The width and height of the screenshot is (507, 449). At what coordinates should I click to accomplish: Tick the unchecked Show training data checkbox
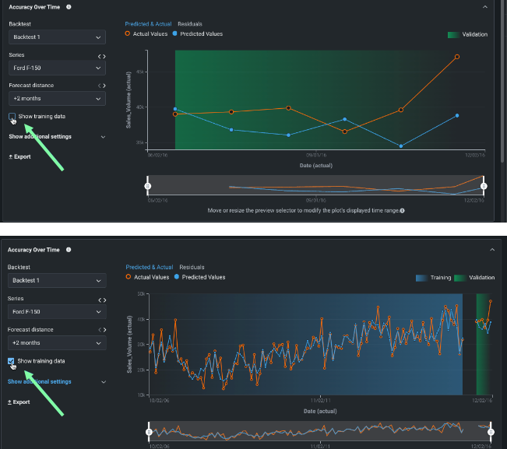pos(12,116)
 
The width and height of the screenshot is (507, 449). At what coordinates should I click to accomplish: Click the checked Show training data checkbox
pos(12,361)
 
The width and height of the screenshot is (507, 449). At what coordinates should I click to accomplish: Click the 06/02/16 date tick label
pos(157,155)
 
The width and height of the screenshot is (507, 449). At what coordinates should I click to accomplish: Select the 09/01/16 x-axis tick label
pos(315,155)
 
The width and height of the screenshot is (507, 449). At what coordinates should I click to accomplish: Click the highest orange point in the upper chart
pos(456,57)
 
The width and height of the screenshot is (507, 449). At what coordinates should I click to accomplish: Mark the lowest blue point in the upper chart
pos(400,146)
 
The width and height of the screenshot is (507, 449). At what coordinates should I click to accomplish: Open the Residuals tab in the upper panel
pos(190,24)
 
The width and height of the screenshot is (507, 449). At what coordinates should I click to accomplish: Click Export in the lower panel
pos(19,402)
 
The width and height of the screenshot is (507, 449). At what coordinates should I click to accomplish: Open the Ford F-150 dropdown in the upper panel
pos(57,68)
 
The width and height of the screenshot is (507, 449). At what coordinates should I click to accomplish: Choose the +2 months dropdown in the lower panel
pos(57,342)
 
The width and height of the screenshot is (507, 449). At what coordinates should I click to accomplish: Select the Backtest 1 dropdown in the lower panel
pos(57,280)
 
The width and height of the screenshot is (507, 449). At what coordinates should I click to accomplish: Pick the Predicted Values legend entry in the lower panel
pos(202,277)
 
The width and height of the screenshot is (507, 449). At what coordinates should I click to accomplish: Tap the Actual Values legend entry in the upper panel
pos(149,34)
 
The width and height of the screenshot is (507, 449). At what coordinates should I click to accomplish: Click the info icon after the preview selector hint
pos(402,211)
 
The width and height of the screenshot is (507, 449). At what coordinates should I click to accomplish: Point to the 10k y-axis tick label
pos(142,395)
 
